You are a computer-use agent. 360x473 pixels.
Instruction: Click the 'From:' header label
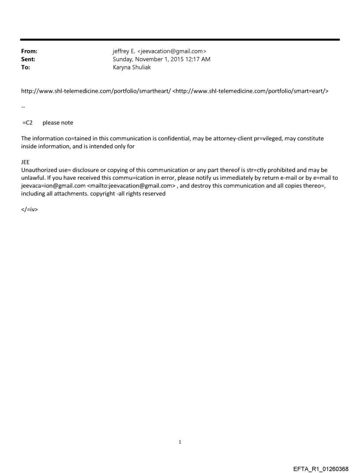click(x=29, y=52)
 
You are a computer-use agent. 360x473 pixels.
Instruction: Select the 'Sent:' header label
click(x=28, y=59)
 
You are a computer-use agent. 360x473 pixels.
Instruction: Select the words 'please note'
click(x=58, y=123)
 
